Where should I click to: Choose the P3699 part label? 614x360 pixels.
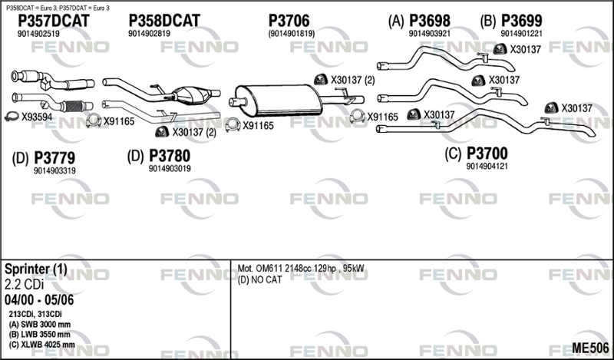[x=521, y=21]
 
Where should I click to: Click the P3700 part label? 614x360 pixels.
[x=487, y=153]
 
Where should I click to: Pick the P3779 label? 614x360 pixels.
[x=54, y=158]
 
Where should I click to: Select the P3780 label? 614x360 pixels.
[x=169, y=157]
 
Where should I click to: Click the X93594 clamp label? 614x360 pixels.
[x=36, y=117]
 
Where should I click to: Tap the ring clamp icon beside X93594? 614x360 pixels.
[x=12, y=117]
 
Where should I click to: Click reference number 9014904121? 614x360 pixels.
[x=488, y=165]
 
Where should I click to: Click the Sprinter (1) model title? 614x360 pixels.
[x=35, y=270]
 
